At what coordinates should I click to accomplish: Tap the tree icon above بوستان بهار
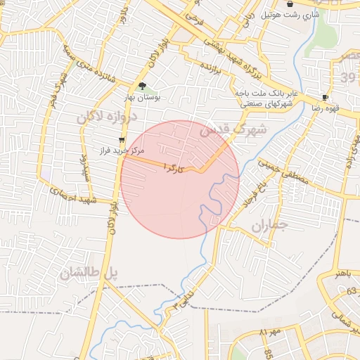click(x=143, y=86)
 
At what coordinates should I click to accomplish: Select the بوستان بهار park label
click(x=143, y=98)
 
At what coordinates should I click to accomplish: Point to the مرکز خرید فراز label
click(x=123, y=150)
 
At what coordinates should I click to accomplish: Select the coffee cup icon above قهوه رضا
click(x=325, y=97)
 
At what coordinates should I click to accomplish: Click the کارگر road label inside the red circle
click(x=173, y=167)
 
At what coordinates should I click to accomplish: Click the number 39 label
click(x=348, y=76)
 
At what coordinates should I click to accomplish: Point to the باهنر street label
click(x=342, y=273)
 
